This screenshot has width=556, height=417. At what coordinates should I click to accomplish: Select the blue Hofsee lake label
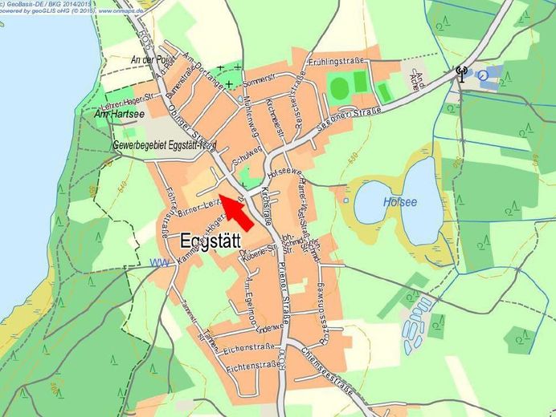tap(400, 202)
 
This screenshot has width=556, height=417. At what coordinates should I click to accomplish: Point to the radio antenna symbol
tap(461, 75)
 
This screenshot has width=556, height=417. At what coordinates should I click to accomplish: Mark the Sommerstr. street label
tap(259, 82)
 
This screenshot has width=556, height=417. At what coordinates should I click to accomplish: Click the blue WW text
tap(160, 263)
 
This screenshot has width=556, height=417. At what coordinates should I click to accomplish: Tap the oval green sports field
tap(339, 86)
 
